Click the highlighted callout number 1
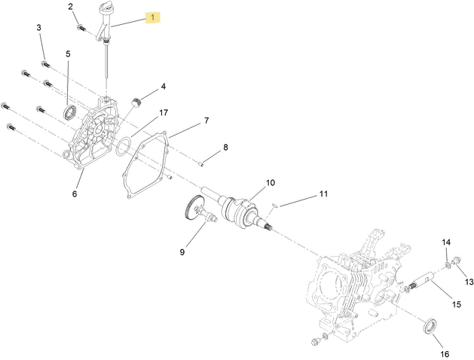coord(153,17)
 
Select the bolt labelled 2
coord(81,28)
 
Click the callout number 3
coord(38,27)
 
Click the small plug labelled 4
coord(138,102)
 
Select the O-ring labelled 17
coord(124,146)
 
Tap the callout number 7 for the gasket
coord(206,121)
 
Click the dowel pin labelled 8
coord(201,164)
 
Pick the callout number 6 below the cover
coord(75,194)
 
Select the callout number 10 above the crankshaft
coord(271,182)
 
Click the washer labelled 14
coord(448,265)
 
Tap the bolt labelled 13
coord(456,260)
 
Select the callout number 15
coord(457,304)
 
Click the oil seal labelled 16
coord(430,326)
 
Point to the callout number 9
coord(182,252)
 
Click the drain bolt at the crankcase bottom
coord(316,341)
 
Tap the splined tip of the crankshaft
coord(268,227)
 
